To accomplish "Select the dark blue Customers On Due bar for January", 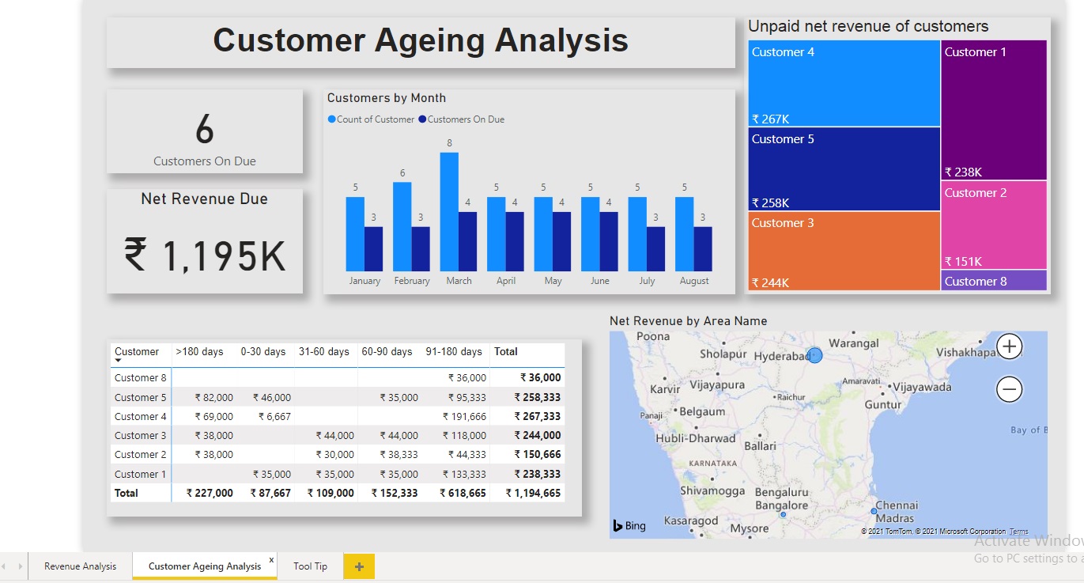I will (373, 249).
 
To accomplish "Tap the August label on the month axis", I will (694, 281).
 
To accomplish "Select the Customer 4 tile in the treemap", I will (844, 84).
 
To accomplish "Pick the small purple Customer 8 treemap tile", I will (994, 281).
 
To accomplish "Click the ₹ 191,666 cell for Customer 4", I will (467, 416).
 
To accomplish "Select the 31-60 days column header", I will (324, 352).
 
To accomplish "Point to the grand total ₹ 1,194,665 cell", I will (536, 493).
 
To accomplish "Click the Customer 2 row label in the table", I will (141, 454).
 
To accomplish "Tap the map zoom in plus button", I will (1010, 346).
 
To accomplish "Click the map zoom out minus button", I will (1010, 389).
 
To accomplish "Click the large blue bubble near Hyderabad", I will (815, 356).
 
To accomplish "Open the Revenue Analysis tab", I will (80, 566).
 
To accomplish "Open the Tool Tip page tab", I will (310, 566).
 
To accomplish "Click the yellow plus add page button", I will (359, 566).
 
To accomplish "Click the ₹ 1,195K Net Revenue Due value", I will (205, 256).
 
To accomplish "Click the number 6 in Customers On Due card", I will (205, 129).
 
